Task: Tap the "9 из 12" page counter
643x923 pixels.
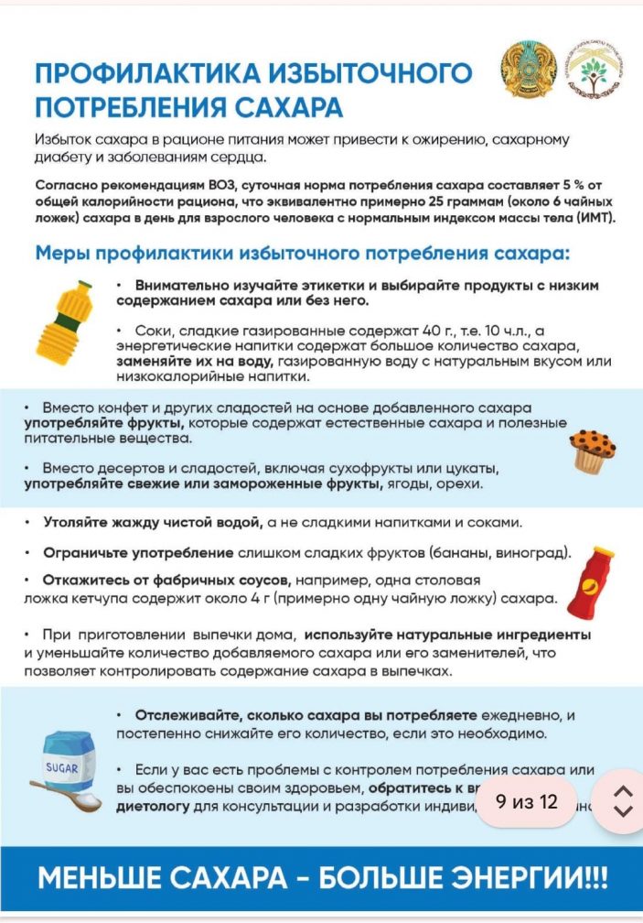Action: (527, 801)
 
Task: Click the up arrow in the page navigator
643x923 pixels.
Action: (623, 791)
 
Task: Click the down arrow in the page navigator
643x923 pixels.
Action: (623, 810)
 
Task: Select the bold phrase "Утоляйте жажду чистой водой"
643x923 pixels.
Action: (154, 522)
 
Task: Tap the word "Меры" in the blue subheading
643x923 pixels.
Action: (61, 252)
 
